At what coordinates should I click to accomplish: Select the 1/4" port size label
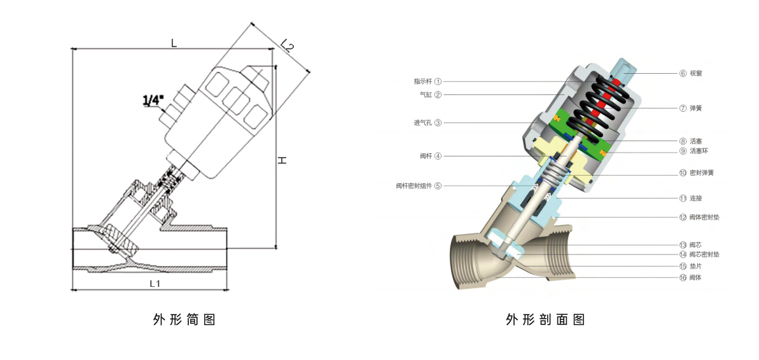pos(153,100)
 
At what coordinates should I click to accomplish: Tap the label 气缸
pos(426,95)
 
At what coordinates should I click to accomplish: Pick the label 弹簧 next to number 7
pos(696,108)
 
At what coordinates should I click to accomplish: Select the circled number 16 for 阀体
pos(683,278)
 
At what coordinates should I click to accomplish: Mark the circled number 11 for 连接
pos(683,198)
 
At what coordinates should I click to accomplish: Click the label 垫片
pos(696,267)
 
